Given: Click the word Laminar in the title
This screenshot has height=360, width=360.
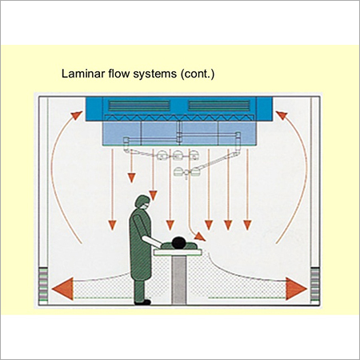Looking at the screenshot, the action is point(83,74).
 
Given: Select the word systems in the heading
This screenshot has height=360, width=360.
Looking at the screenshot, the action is point(155,74).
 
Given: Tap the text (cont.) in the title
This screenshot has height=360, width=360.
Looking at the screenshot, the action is point(198,74).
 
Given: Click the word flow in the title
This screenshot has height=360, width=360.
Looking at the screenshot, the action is point(119,74).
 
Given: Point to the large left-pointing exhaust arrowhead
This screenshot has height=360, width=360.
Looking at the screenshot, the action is point(63,289).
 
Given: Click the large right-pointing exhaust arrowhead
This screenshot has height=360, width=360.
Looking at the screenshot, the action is point(296,289).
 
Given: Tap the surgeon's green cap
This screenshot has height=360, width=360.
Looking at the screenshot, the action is point(142,201).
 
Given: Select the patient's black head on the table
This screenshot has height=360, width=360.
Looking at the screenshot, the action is point(178,242).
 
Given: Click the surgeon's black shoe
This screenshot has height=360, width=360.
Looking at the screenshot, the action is point(142,302).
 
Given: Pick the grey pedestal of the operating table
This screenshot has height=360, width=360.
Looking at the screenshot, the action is point(178,280).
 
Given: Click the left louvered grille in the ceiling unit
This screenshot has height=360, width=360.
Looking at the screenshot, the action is point(139,106).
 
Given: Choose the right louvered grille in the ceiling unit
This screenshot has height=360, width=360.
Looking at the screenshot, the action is point(219,106).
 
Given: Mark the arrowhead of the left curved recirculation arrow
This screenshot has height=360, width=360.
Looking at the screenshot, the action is point(77,115).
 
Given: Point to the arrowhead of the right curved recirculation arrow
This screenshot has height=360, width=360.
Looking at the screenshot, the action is point(282,115).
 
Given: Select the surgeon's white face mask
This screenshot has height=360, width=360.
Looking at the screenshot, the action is point(146,206).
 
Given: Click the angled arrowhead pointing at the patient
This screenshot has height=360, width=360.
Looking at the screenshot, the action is point(200,237).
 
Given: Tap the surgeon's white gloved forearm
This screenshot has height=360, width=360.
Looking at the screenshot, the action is point(152,242).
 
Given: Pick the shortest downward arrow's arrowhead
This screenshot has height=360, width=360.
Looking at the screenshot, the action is point(132,178).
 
